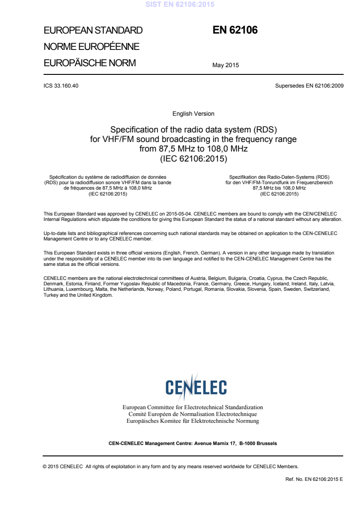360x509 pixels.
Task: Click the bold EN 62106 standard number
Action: coord(235,31)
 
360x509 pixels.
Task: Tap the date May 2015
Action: coord(226,65)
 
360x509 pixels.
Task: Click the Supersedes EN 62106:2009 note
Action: coord(309,86)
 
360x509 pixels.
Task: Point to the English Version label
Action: coord(193,113)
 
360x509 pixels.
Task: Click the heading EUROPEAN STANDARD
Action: coord(93,31)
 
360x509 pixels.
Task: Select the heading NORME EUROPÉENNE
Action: coord(91,47)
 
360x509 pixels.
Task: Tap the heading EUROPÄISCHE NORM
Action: coord(89,63)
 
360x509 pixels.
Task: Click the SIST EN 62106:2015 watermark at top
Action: coord(180,5)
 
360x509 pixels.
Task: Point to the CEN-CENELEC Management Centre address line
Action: coord(193,443)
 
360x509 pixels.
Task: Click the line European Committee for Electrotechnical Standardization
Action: coord(193,407)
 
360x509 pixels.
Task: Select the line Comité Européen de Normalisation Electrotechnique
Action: coord(193,414)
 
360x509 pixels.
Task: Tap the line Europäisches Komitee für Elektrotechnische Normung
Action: coord(193,421)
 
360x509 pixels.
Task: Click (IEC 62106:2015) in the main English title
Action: coord(193,159)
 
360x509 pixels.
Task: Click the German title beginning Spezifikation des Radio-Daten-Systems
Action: coord(279,185)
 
